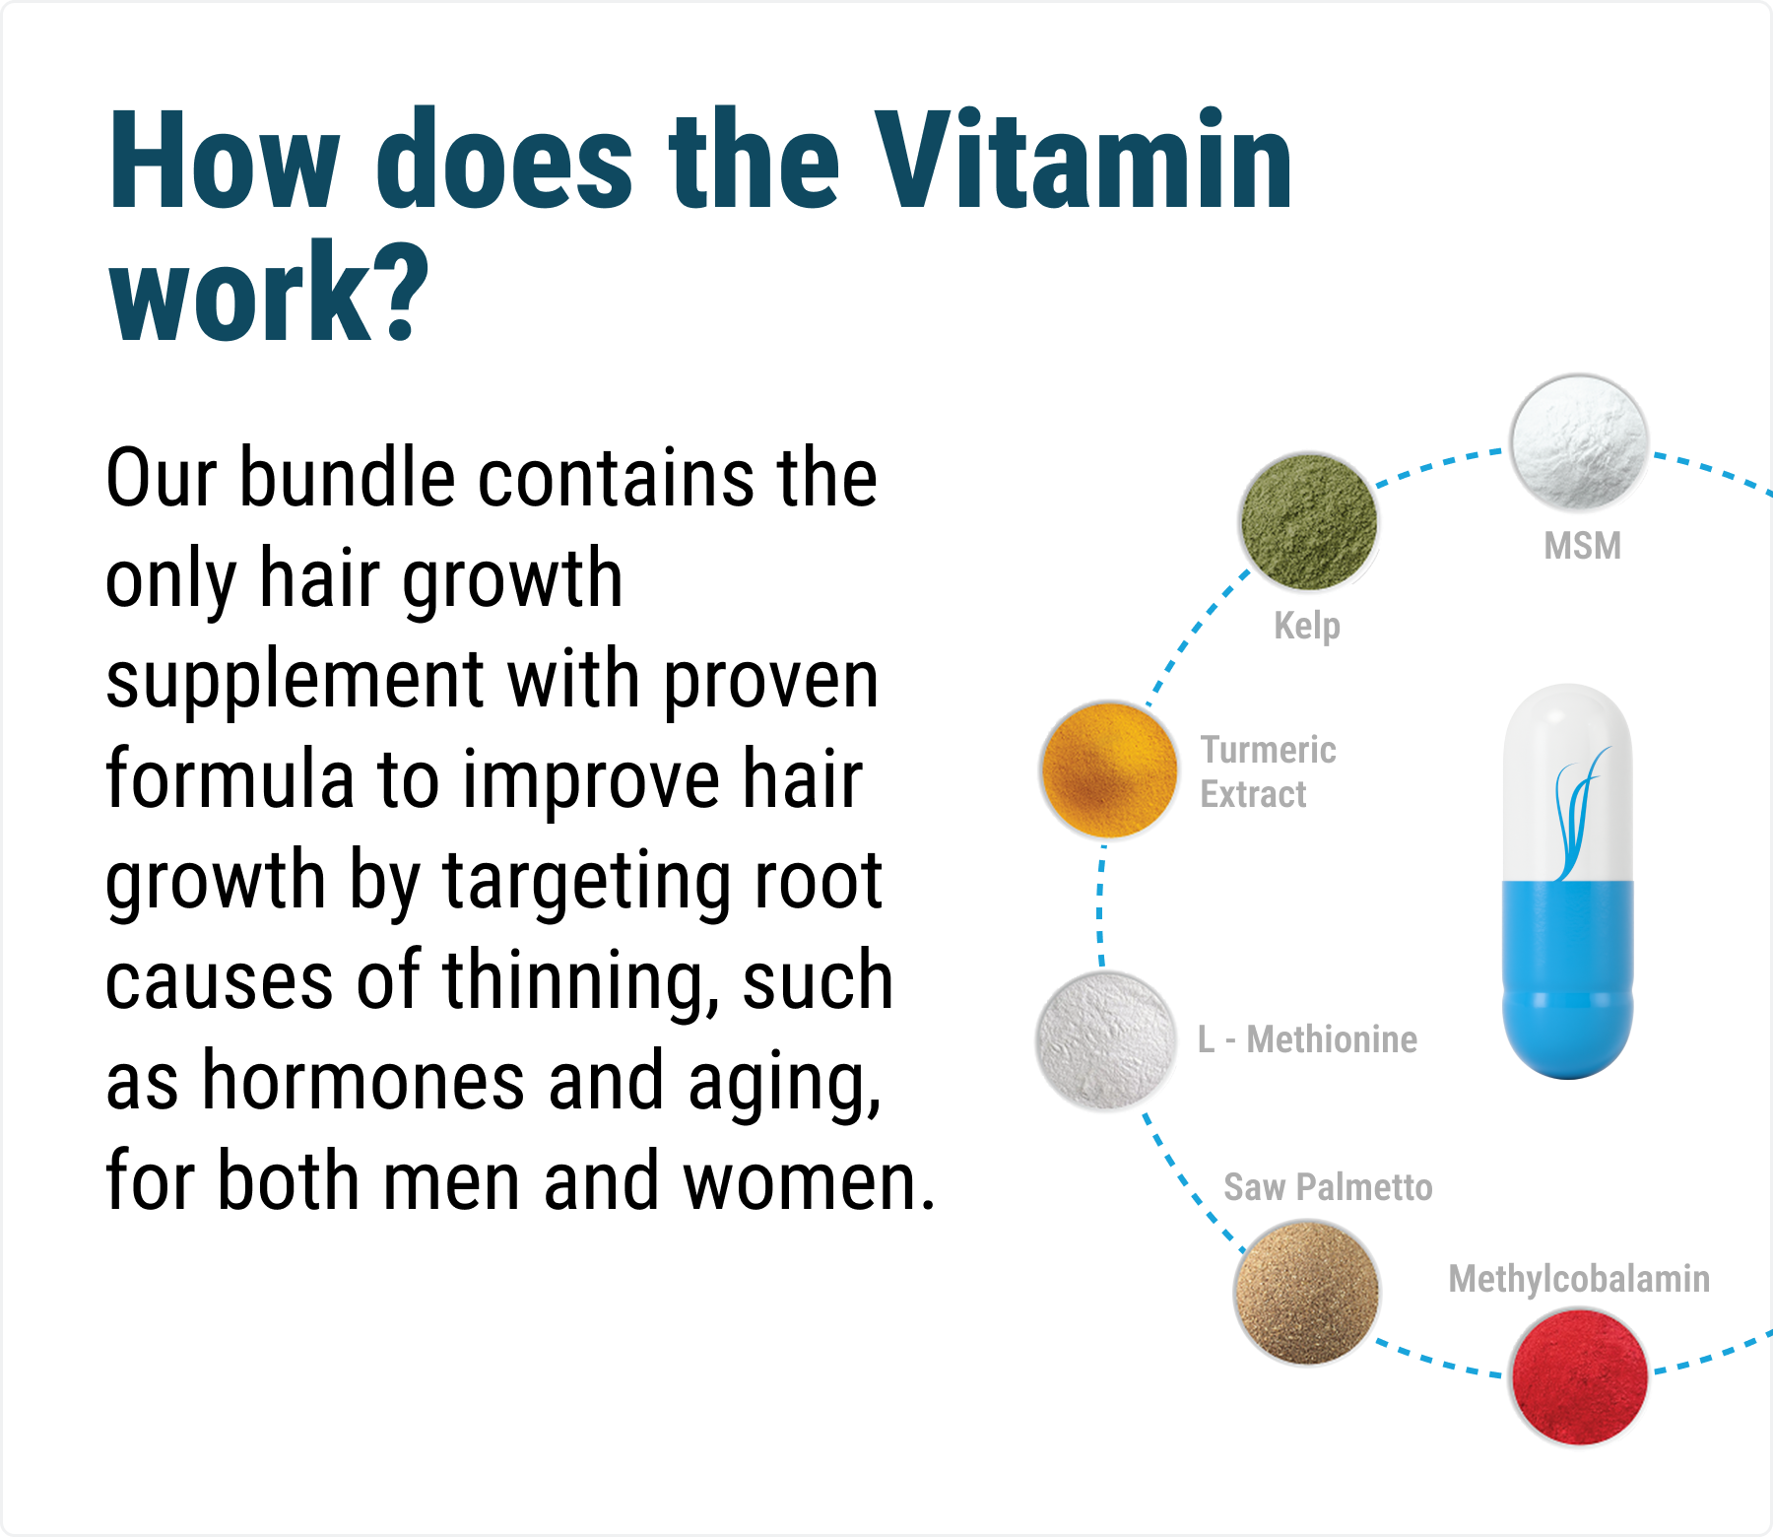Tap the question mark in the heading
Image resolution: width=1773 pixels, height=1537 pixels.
(400, 293)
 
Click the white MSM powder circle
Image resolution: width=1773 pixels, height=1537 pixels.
(1579, 441)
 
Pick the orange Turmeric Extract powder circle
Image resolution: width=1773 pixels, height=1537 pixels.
(1109, 769)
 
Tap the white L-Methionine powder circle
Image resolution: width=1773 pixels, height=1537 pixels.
(1106, 1040)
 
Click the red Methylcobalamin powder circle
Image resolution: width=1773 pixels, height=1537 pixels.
(1579, 1376)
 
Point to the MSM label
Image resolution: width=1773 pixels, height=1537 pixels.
(1582, 546)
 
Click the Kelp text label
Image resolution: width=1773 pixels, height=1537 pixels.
(1307, 626)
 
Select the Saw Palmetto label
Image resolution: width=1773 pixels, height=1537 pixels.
(1328, 1187)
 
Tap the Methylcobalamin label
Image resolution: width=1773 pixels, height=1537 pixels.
(1579, 1279)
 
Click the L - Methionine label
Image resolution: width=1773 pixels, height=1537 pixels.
(1307, 1039)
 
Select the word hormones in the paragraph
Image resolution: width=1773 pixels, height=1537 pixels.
(363, 1081)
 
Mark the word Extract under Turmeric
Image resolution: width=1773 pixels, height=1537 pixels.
(1253, 794)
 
